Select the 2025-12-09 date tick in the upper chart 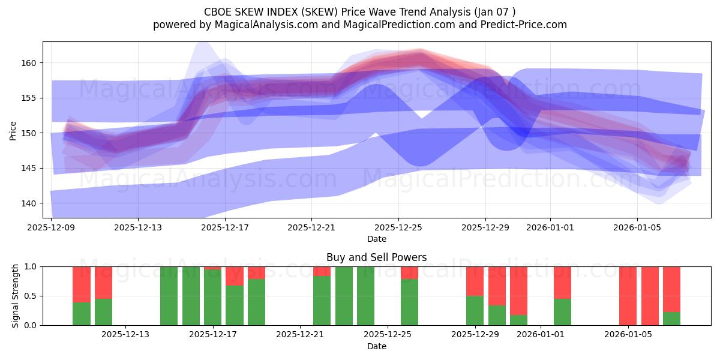51,227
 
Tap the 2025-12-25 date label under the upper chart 398,227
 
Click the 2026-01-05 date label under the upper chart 637,227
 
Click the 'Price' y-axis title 13,130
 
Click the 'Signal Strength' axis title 16,296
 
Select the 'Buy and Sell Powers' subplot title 376,257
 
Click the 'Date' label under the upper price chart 376,239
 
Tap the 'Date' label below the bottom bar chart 376,346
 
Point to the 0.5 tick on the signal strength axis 31,296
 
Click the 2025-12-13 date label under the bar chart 126,335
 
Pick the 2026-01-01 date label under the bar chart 541,335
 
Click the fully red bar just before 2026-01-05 628,296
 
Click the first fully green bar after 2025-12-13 169,296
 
